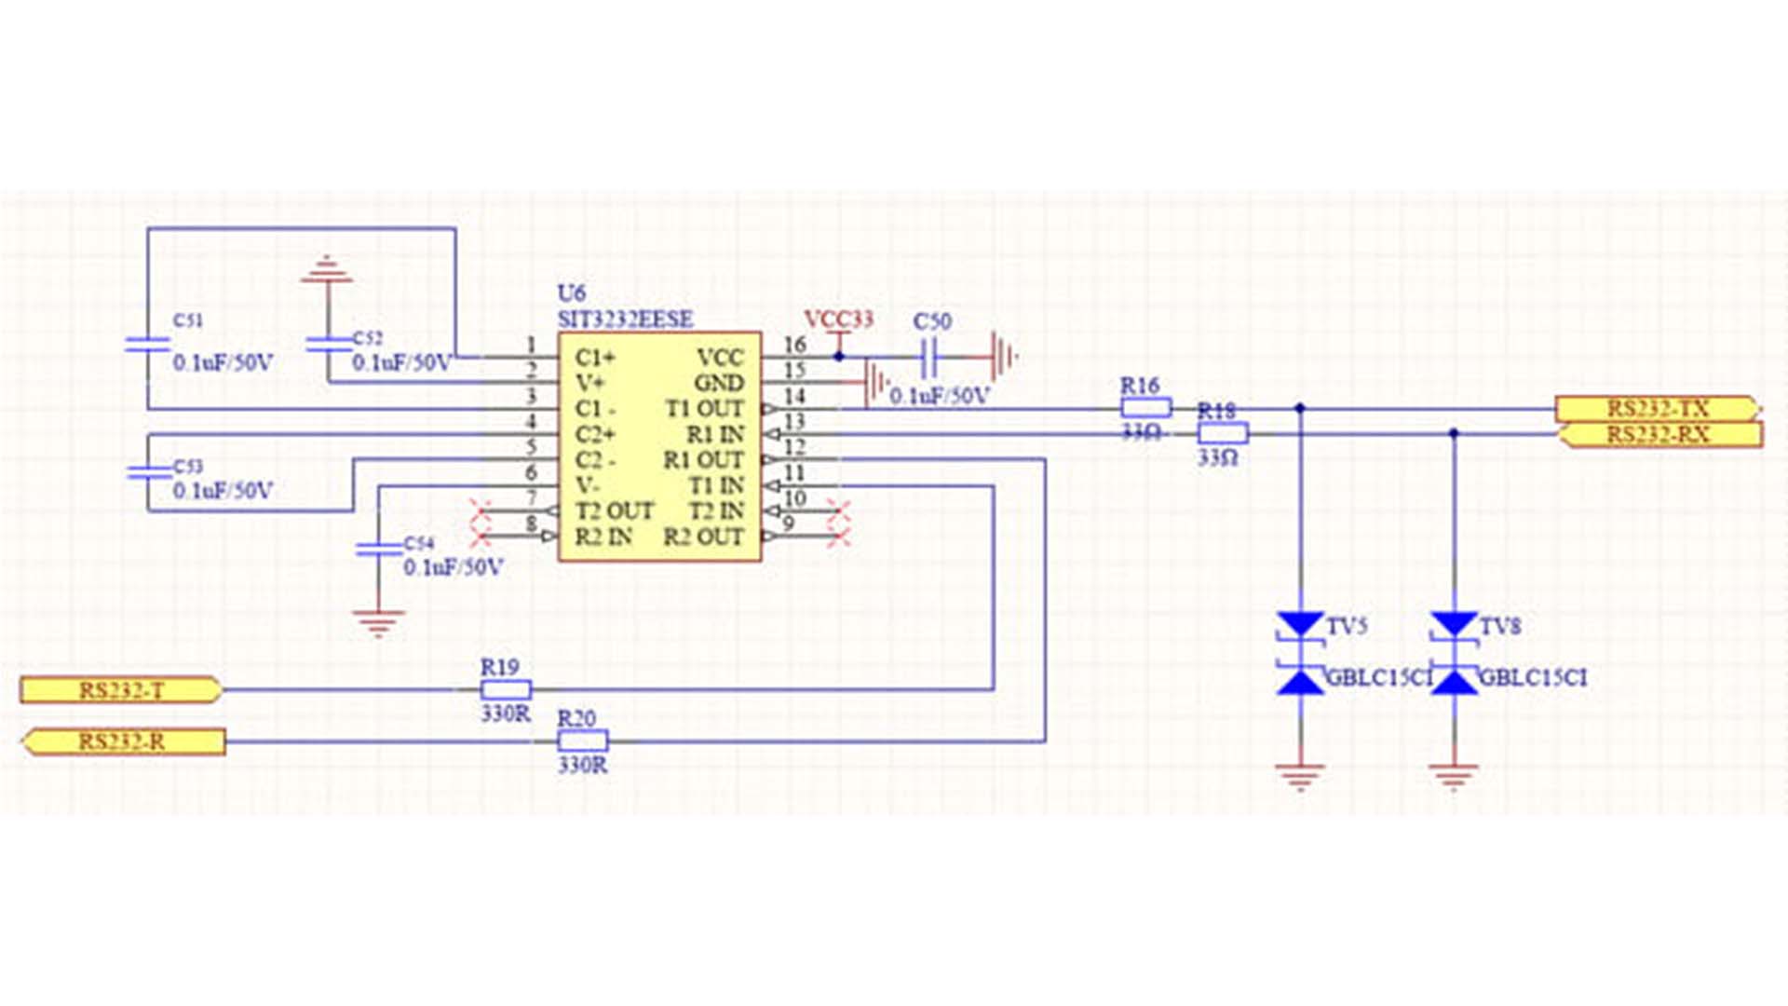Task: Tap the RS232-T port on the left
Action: tap(121, 690)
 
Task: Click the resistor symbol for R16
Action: tap(1145, 407)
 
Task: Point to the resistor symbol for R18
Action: tap(1222, 432)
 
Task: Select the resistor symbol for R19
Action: tap(506, 690)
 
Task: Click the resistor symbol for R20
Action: tap(583, 741)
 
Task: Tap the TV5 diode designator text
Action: tap(1347, 626)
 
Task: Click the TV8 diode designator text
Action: tap(1500, 626)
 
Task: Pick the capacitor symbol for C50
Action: tap(928, 356)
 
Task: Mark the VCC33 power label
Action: tap(838, 320)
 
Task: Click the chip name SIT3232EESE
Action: tap(625, 319)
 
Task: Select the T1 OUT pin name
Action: tap(704, 409)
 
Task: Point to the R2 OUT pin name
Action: tap(703, 537)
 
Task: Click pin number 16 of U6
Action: tap(793, 345)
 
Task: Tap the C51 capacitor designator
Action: tap(188, 320)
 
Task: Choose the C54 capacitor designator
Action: tap(419, 543)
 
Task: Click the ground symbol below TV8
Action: tap(1454, 775)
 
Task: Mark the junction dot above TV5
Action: tap(1300, 408)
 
